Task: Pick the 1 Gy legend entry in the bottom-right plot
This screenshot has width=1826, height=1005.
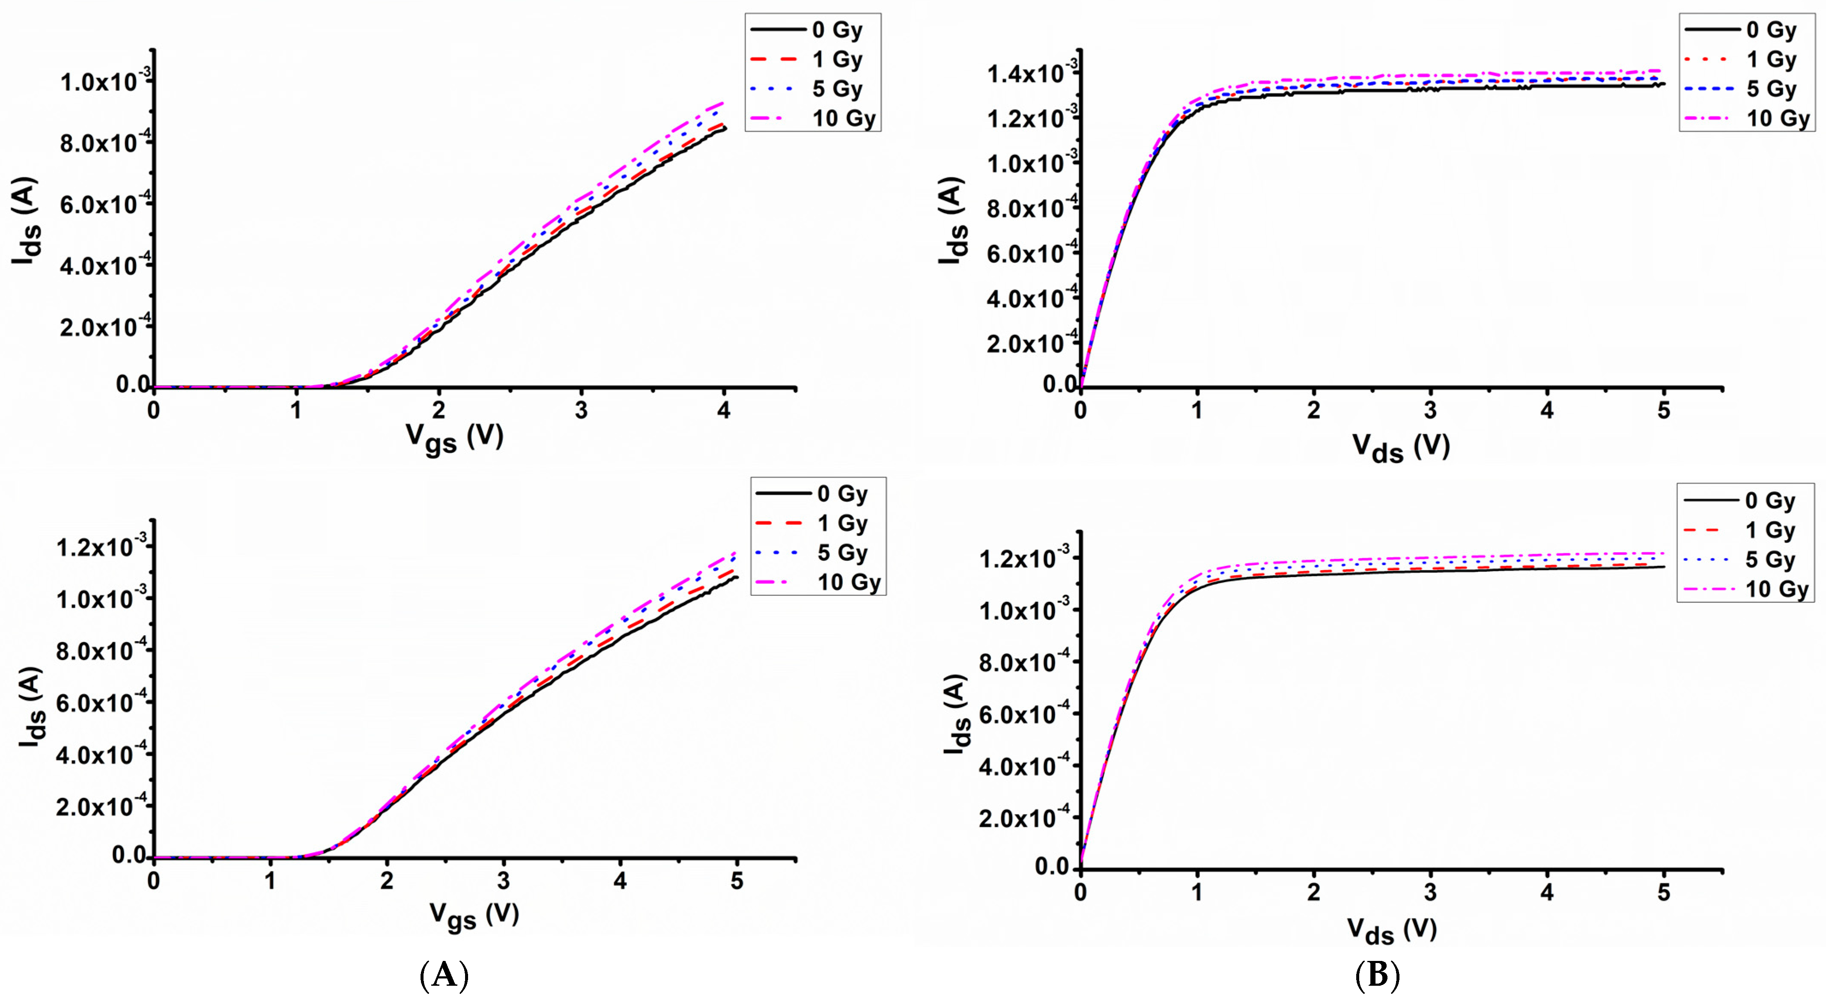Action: (1769, 530)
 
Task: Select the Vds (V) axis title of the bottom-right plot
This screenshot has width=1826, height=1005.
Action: (1391, 930)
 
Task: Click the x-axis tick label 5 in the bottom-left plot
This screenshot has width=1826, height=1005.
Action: (737, 881)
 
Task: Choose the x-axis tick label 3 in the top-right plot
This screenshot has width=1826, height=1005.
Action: (1430, 411)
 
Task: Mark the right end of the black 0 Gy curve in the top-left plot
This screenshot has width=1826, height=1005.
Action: (725, 128)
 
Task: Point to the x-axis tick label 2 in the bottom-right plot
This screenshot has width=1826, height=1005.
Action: (1313, 892)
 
